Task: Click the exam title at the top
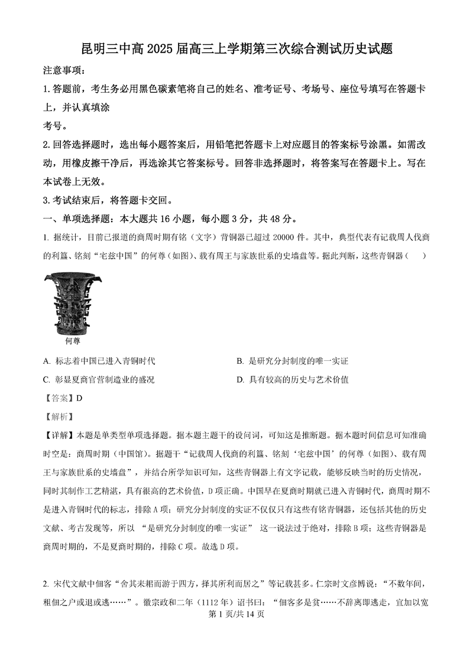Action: click(x=236, y=50)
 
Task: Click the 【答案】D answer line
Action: click(x=63, y=398)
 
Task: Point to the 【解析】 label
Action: click(x=58, y=416)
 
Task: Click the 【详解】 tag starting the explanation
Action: click(x=58, y=435)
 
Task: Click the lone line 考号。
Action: click(x=56, y=126)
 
